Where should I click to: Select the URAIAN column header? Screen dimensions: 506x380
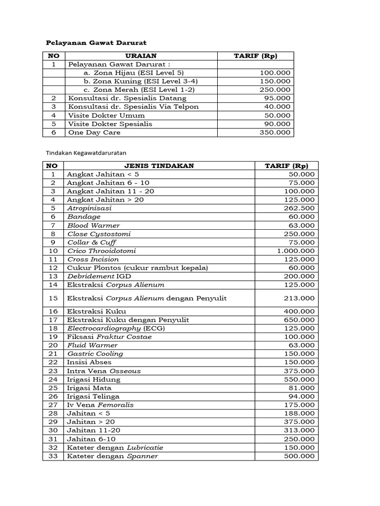point(141,56)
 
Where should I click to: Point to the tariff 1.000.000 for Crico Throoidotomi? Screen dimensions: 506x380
point(295,251)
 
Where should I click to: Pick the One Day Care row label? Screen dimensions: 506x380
point(94,132)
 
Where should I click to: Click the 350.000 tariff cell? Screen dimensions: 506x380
point(275,132)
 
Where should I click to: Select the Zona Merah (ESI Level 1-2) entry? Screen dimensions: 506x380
point(139,89)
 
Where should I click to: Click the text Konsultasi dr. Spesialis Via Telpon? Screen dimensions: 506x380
point(133,107)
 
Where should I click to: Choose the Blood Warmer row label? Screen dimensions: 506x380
point(94,225)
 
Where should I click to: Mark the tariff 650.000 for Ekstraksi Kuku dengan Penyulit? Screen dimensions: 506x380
point(299,320)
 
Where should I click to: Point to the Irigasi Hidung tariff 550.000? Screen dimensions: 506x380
point(299,379)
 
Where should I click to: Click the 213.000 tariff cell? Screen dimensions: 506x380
point(299,298)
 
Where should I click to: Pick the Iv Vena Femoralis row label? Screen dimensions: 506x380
point(100,405)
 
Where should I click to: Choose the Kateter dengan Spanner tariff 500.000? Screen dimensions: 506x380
point(299,456)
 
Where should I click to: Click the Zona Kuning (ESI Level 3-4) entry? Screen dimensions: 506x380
point(140,81)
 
